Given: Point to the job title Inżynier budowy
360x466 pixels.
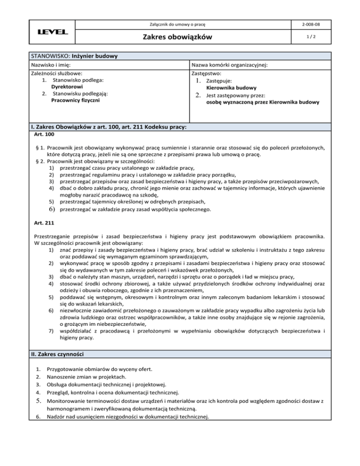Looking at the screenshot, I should click(94, 56).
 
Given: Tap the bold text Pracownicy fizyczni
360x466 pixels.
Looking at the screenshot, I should click(75, 100).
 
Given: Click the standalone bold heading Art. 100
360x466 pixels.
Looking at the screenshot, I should click(44, 135).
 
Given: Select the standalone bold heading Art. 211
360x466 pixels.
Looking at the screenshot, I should click(44, 223).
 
